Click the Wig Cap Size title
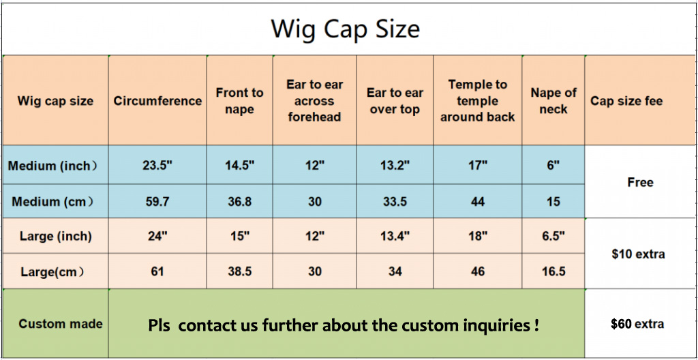(346, 29)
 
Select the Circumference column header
(157, 101)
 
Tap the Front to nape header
(239, 101)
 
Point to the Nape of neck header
(553, 101)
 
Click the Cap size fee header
(626, 101)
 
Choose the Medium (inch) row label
(52, 166)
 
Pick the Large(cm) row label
(52, 271)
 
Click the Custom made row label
(61, 323)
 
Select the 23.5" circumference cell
(157, 165)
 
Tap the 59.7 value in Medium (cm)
(157, 201)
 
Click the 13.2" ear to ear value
(395, 165)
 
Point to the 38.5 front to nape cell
(239, 271)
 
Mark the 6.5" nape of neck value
(553, 236)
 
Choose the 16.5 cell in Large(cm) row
(553, 271)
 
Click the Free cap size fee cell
(640, 182)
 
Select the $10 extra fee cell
(638, 254)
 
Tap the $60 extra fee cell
(637, 323)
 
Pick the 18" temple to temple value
(477, 236)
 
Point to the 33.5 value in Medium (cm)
(395, 201)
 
